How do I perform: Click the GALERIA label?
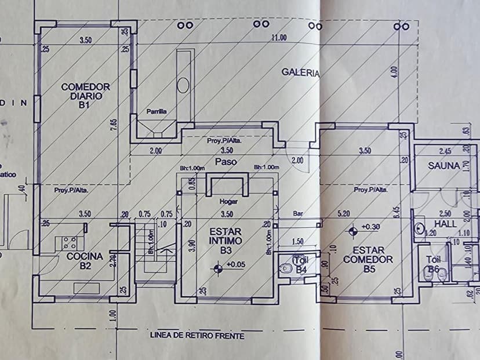click(300, 72)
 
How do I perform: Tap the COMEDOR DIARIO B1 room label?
click(85, 96)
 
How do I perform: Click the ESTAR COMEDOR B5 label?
click(368, 259)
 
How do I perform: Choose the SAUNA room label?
click(444, 165)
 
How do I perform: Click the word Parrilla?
click(157, 111)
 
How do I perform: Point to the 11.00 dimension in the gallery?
click(279, 38)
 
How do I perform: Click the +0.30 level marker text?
click(369, 226)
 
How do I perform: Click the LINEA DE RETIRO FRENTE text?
click(197, 335)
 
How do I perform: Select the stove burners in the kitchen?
click(70, 243)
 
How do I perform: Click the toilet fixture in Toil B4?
click(285, 269)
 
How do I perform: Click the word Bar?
click(299, 214)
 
